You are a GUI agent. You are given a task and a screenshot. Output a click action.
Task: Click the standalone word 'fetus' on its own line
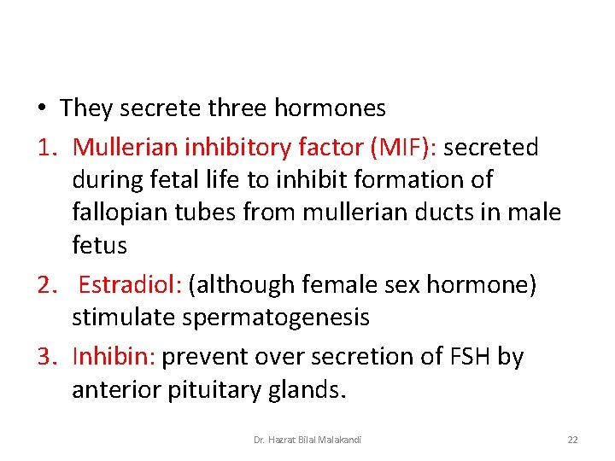click(99, 246)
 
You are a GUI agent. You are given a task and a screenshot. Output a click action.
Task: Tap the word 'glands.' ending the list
click(308, 390)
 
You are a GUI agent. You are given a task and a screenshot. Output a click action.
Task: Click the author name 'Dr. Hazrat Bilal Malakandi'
click(307, 440)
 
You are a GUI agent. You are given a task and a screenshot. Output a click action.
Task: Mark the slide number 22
click(572, 440)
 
